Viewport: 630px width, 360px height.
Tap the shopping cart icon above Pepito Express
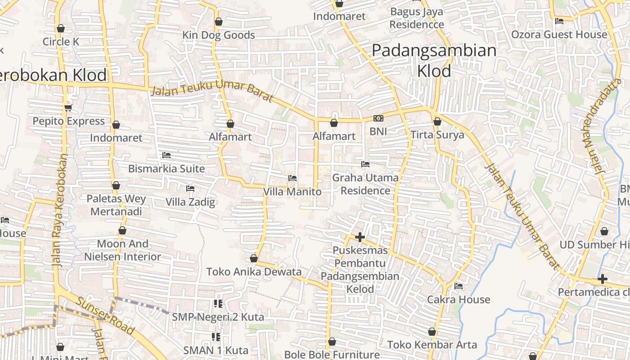coord(68,108)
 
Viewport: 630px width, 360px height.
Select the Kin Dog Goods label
coord(219,35)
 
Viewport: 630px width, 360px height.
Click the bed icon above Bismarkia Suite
coord(166,155)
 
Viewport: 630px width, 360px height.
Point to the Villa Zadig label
coord(190,202)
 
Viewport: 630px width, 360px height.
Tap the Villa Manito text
coord(292,192)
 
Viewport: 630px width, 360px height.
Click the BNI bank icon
coord(378,118)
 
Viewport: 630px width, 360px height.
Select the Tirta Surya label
coord(437,135)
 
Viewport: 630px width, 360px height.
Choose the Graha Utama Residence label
coord(365,184)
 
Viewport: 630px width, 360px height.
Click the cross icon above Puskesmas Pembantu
coord(360,237)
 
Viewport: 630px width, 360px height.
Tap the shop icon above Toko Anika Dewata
coord(254,258)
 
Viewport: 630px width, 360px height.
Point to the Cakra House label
coord(459,299)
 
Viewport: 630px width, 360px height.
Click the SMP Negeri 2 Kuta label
coord(218,317)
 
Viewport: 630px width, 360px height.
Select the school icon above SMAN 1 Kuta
coord(216,337)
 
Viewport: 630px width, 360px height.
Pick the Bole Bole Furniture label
coord(332,355)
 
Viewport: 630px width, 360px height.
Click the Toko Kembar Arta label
coord(432,345)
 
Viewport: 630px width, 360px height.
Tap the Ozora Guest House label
coord(559,35)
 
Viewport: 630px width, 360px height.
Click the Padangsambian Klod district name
coord(434,60)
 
